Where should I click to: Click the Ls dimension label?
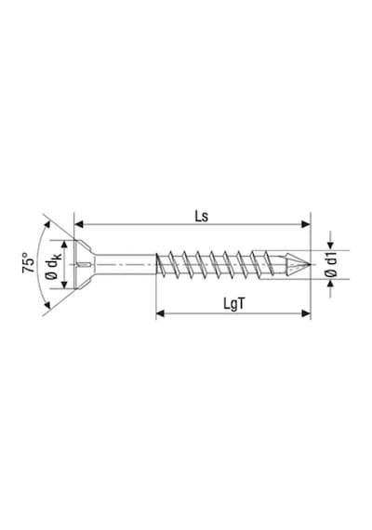[201, 217]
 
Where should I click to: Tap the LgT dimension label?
[233, 304]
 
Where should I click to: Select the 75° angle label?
[29, 262]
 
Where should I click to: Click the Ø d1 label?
[333, 265]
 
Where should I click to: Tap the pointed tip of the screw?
[310, 264]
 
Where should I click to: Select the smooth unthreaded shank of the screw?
[126, 264]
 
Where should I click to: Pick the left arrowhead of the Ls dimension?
[79, 224]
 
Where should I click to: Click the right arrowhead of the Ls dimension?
[306, 224]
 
